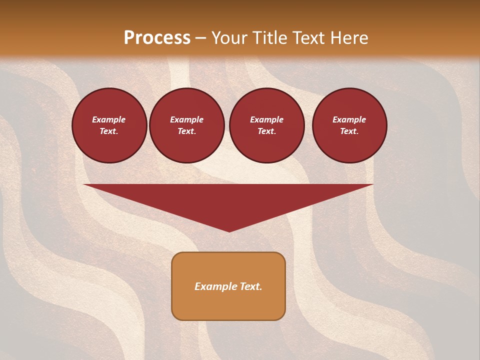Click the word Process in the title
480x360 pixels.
[157, 38]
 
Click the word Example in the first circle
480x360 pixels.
[109, 119]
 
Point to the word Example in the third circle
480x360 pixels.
[266, 119]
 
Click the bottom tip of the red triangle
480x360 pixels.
[229, 230]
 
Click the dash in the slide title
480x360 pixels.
[201, 38]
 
